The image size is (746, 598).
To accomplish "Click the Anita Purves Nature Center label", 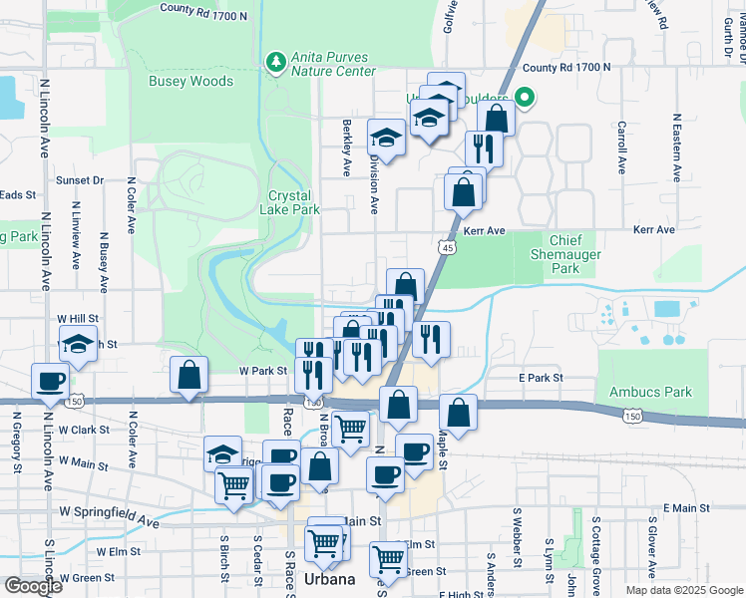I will (x=333, y=64).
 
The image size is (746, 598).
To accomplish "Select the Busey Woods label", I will (x=190, y=82).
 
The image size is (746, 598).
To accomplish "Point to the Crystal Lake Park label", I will (x=290, y=203).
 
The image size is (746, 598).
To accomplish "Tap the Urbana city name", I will (x=329, y=580).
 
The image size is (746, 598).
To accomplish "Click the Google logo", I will (x=34, y=586).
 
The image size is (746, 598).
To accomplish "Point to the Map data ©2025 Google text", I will (x=683, y=590).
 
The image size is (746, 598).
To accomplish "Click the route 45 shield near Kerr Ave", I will (x=446, y=246).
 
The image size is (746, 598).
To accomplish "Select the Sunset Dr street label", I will (x=80, y=180).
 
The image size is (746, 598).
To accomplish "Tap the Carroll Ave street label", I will (x=621, y=148).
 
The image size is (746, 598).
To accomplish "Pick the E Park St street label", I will (x=541, y=379).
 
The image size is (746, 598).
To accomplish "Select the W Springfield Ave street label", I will (x=109, y=515).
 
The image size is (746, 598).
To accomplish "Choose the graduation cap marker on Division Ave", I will (x=386, y=138).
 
